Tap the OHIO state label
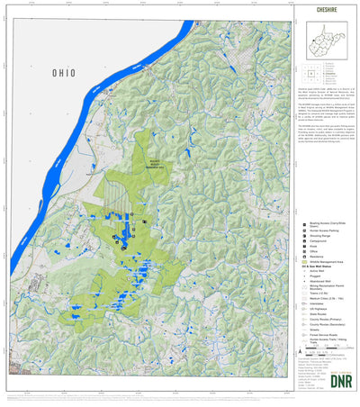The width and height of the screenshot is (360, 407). click(65, 73)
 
